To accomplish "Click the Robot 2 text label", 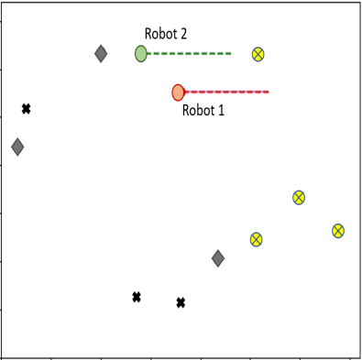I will [x=166, y=34].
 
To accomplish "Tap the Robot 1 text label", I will [x=203, y=111].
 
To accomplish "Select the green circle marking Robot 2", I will [x=141, y=53].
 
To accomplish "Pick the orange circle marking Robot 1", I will [x=179, y=93].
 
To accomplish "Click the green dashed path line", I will [x=189, y=53].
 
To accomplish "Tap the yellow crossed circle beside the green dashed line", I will [x=258, y=54].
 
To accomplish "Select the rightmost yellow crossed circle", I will [x=338, y=231].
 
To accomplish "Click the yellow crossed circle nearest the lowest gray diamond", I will [x=257, y=240].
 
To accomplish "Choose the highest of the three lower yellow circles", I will [x=299, y=197].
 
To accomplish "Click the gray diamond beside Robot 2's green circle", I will [x=101, y=54].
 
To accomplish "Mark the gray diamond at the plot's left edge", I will [x=17, y=147].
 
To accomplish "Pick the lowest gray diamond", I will [x=218, y=258].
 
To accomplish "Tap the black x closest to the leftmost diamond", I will [x=27, y=109].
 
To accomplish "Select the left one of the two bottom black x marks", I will [x=137, y=297].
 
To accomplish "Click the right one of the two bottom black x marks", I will [x=181, y=302].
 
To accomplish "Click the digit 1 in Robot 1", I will [x=220, y=111].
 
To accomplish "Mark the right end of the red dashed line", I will [x=268, y=92].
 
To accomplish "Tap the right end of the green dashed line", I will [x=231, y=53].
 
